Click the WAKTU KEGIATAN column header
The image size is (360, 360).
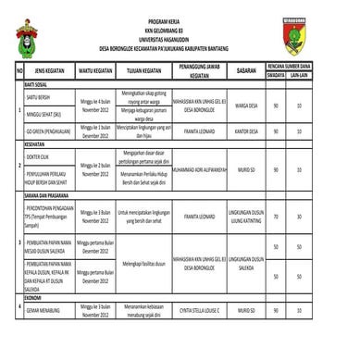pyautogui.click(x=95, y=69)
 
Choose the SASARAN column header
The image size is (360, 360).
pyautogui.click(x=245, y=69)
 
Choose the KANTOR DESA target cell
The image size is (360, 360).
pyautogui.click(x=246, y=131)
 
